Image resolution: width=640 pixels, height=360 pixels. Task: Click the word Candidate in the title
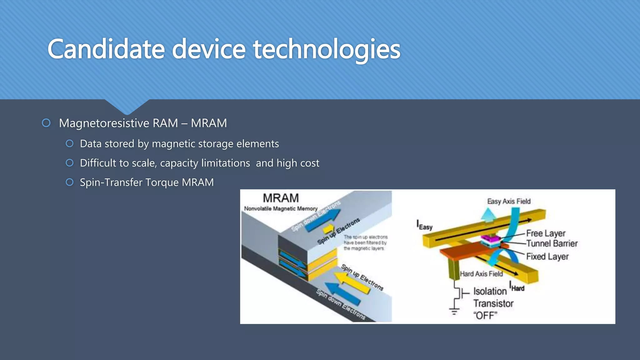tap(106, 49)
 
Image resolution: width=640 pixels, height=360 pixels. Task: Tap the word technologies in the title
tap(327, 49)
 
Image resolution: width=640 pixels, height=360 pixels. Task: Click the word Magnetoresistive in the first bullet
tap(103, 123)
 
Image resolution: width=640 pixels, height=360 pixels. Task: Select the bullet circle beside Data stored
tap(70, 143)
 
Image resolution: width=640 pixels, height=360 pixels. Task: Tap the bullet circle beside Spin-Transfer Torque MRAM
tap(70, 182)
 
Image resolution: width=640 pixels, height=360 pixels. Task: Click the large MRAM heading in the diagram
tap(281, 198)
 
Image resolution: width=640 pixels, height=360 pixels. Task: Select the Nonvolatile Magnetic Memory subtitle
tap(281, 208)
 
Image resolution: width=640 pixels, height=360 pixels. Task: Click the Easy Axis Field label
tap(509, 201)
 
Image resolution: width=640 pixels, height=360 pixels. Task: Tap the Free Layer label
tap(546, 233)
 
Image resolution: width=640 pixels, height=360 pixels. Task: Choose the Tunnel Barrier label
tap(552, 243)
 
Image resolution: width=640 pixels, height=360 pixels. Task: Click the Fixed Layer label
tap(547, 257)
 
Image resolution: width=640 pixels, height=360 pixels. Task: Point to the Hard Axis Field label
tap(481, 274)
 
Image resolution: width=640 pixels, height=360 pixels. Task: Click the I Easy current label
tap(424, 225)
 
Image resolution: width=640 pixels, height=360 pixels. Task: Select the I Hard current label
tap(517, 287)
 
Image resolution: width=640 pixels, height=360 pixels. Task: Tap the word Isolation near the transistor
tap(490, 291)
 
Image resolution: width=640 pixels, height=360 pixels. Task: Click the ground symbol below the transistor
tap(454, 312)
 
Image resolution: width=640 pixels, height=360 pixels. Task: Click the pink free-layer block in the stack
tap(490, 239)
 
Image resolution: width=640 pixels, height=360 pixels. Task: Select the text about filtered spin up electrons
tap(365, 243)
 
